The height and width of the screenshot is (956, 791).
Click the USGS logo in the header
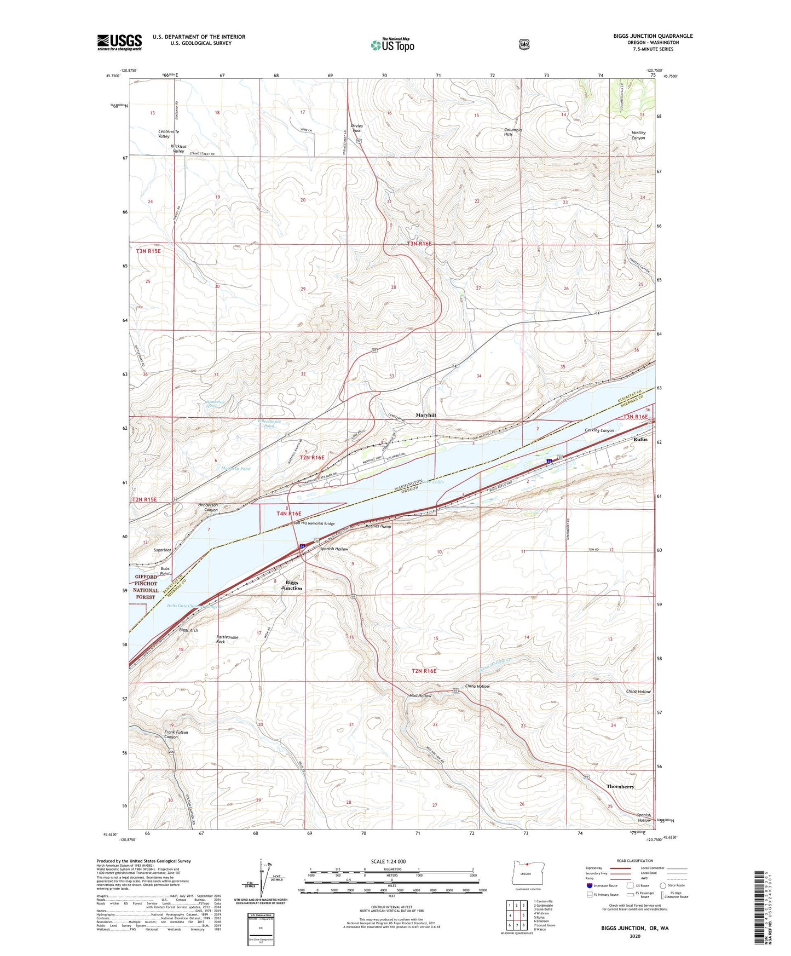pos(119,42)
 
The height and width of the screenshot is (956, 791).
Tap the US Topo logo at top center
pos(392,45)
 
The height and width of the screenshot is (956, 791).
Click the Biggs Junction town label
pos(291,585)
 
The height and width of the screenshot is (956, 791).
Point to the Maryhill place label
pos(425,416)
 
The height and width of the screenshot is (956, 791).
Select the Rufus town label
pos(640,439)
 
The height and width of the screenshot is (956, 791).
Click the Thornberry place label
pos(620,786)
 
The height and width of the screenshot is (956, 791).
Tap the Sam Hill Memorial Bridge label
pos(314,523)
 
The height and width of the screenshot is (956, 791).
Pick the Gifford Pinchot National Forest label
pos(146,587)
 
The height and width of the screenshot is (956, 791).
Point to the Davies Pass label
pos(357,128)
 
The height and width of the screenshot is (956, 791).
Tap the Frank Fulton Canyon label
pos(176,734)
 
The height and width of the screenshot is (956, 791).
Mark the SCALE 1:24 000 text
pos(388,861)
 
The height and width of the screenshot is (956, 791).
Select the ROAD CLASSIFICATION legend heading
pos(634,861)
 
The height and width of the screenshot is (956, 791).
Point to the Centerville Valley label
pos(169,134)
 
